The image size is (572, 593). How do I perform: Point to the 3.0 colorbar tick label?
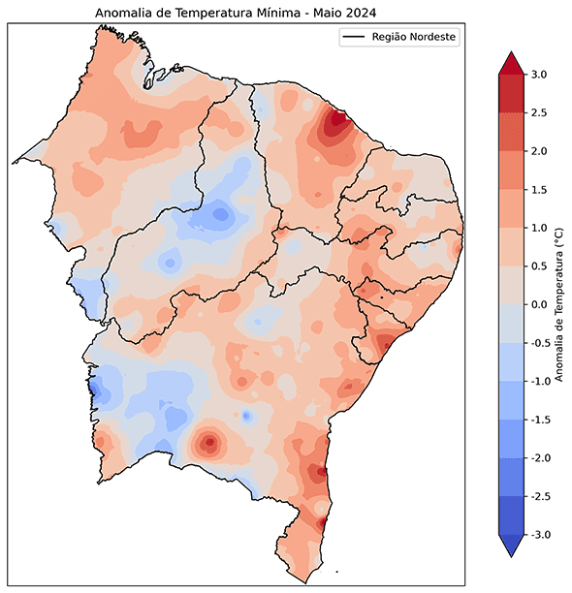539,75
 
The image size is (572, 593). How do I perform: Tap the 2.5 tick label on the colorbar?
539,113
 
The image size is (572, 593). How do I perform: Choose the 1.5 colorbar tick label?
539,190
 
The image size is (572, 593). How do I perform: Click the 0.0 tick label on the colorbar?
539,305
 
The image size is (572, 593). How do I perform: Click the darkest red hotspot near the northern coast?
336,122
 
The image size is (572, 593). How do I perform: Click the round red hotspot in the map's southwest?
208,444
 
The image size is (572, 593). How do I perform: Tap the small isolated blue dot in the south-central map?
246,416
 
